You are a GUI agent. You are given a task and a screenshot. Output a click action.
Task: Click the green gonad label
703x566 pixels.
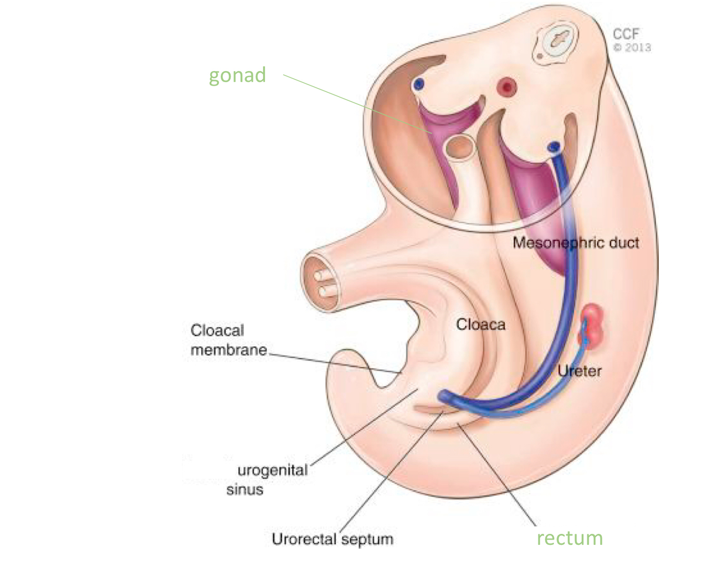237,75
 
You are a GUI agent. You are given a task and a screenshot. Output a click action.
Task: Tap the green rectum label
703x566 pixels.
569,538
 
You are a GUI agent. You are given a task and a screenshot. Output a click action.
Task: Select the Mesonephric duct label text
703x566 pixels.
575,243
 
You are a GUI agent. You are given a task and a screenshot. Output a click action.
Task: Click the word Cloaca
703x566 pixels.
480,324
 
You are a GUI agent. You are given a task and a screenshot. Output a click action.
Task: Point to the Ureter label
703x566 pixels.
579,371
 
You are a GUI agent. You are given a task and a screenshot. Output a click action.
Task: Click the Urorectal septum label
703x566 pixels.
332,539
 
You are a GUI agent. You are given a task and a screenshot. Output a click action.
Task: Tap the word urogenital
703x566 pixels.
272,469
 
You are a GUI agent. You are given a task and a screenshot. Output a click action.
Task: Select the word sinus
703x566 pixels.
245,490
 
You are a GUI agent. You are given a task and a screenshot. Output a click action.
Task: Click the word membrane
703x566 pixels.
228,350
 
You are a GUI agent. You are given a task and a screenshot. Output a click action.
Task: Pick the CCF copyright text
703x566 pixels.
626,34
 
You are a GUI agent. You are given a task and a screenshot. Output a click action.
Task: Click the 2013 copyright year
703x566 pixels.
638,47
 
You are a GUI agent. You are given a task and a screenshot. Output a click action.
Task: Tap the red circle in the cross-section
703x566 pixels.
507,87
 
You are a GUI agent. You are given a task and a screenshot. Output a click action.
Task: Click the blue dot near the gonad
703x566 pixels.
419,84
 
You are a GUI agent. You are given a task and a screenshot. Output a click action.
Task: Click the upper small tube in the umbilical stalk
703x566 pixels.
321,275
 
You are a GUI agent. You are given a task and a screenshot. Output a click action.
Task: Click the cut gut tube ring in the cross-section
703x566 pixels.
461,147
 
